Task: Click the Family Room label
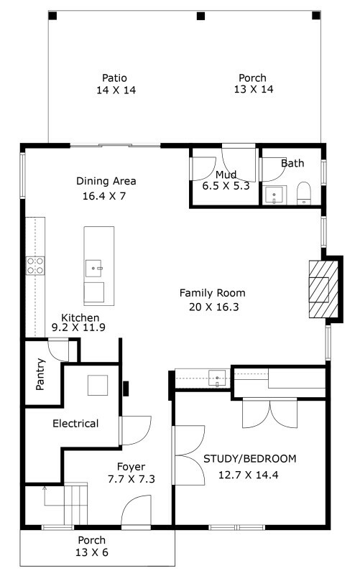point(213,293)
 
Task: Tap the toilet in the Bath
point(304,193)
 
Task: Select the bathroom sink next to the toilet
point(274,195)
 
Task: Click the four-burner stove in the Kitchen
point(35,266)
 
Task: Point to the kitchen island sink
point(94,269)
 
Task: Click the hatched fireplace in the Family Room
point(323,289)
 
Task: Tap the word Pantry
point(40,374)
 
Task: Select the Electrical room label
point(75,424)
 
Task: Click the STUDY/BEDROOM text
point(250,459)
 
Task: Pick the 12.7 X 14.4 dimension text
point(248,475)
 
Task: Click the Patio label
point(114,78)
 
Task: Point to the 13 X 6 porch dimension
point(92,552)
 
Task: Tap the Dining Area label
point(106,181)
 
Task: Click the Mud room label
point(226,175)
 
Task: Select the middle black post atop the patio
point(200,16)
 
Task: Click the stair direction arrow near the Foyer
point(45,496)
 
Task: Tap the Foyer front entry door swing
point(136,510)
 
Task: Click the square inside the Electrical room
point(98,386)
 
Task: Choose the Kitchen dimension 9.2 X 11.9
point(78,327)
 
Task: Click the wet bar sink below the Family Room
point(217,378)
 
